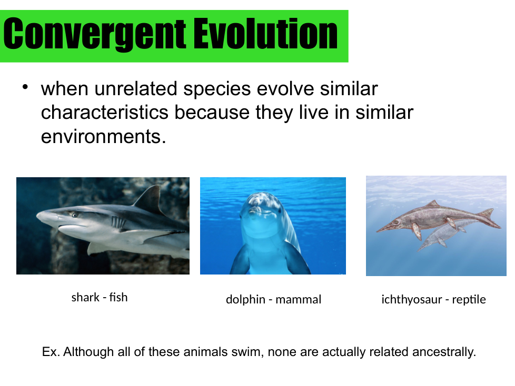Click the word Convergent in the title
(x=95, y=34)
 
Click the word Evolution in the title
(x=265, y=34)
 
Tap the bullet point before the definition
(x=25, y=87)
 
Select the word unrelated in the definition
(x=136, y=89)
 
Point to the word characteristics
(x=104, y=113)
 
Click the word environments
(x=103, y=136)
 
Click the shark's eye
(x=74, y=215)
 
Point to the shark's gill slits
(x=118, y=222)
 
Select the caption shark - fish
(x=100, y=298)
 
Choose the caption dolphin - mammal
(x=274, y=299)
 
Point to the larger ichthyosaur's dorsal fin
(x=433, y=204)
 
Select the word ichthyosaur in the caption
(x=412, y=299)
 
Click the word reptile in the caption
(x=469, y=299)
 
